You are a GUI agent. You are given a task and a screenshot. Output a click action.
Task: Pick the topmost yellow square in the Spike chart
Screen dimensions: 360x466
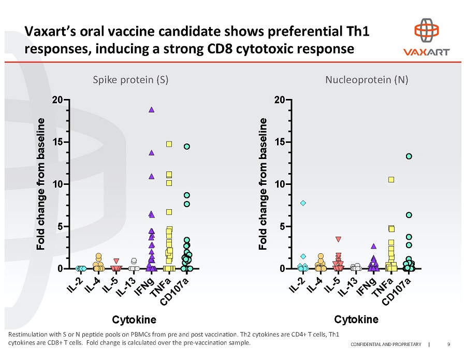coord(169,144)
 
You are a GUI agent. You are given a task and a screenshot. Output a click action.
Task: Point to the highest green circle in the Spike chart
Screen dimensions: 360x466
coord(186,147)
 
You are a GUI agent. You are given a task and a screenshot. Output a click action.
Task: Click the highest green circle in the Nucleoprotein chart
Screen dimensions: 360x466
coord(409,156)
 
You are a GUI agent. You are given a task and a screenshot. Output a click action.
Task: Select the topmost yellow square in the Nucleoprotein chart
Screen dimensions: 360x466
coord(391,180)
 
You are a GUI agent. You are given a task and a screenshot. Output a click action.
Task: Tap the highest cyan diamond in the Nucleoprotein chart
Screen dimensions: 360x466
coord(303,203)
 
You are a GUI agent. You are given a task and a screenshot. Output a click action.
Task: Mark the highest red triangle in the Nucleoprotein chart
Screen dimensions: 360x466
coord(338,239)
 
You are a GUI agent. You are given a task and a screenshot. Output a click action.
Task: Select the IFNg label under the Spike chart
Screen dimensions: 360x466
coord(143,289)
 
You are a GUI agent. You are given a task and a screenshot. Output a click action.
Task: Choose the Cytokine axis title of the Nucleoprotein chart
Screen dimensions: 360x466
coord(356,319)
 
